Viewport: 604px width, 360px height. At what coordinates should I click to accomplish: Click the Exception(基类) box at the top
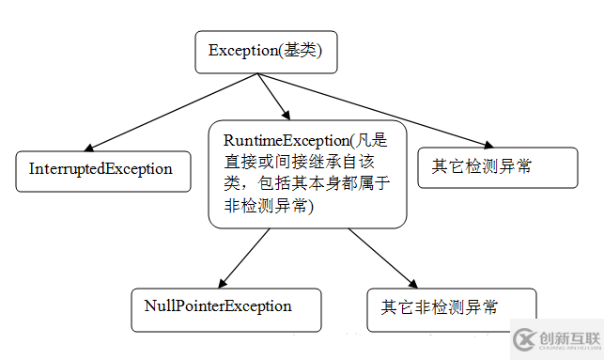point(265,52)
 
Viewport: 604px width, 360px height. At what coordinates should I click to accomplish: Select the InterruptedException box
point(101,170)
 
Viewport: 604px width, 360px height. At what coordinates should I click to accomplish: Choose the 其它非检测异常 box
point(452,308)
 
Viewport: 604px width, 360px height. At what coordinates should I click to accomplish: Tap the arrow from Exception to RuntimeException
point(273,95)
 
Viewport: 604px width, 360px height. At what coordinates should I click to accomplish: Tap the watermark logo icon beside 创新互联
point(524,339)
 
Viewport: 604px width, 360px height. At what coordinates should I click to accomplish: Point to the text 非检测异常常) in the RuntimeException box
point(272,207)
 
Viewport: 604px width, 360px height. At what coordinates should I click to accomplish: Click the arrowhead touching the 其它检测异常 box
point(488,144)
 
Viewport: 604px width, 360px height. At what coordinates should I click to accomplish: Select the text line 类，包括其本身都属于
point(306,183)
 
